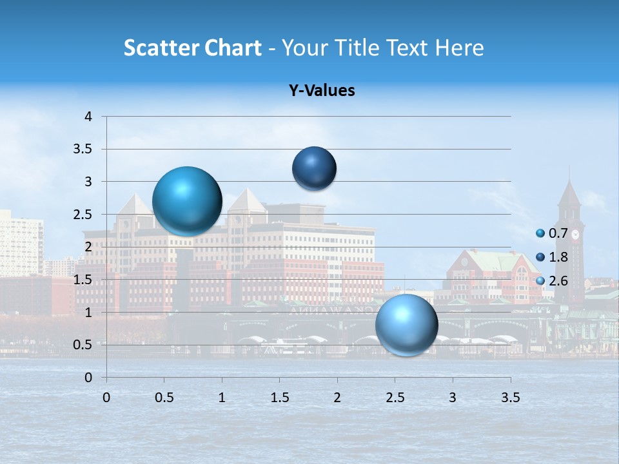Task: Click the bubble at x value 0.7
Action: pyautogui.click(x=187, y=201)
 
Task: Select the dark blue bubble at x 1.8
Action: pyautogui.click(x=314, y=168)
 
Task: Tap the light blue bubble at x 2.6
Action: pyautogui.click(x=406, y=325)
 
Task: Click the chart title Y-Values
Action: pyautogui.click(x=322, y=91)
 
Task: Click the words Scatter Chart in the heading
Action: pyautogui.click(x=192, y=48)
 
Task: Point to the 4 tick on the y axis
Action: pyautogui.click(x=88, y=117)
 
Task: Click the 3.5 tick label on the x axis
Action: pyautogui.click(x=511, y=398)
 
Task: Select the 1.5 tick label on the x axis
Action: pyautogui.click(x=280, y=398)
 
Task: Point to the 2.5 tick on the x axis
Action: pyautogui.click(x=395, y=398)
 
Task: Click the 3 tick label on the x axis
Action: pyautogui.click(x=453, y=398)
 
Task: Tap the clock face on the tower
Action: pyautogui.click(x=575, y=235)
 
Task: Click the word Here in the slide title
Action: pyautogui.click(x=459, y=48)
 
